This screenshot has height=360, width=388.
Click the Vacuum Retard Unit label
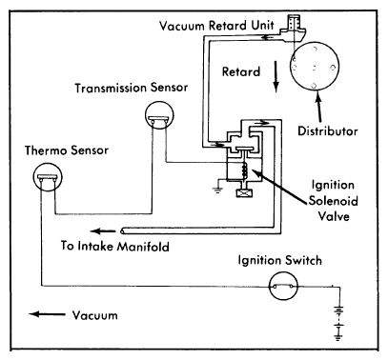[x=216, y=25]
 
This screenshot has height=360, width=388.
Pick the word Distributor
[x=328, y=130]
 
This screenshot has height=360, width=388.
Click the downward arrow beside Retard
[x=276, y=76]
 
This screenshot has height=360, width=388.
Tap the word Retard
[x=241, y=71]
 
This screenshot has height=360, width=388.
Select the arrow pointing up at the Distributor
[x=318, y=107]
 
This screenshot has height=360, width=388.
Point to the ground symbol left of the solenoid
[x=217, y=190]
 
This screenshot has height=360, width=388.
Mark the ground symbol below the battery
[x=338, y=338]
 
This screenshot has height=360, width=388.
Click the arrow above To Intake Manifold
[x=103, y=231]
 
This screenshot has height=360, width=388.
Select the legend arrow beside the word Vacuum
[x=47, y=314]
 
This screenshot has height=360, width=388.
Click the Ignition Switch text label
[x=280, y=261]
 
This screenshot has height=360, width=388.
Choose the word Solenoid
[x=334, y=201]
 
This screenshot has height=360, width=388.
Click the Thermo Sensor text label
[x=67, y=150]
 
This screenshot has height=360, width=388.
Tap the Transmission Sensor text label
[x=132, y=88]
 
